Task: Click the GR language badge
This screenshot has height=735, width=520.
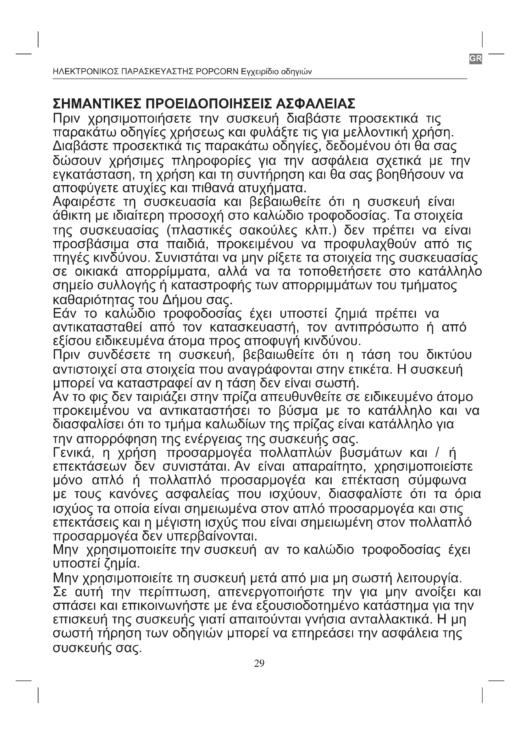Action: [475, 58]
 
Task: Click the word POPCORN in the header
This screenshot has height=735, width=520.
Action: [218, 72]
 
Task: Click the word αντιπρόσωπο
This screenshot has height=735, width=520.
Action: [377, 327]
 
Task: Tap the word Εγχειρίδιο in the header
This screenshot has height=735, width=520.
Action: [260, 72]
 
